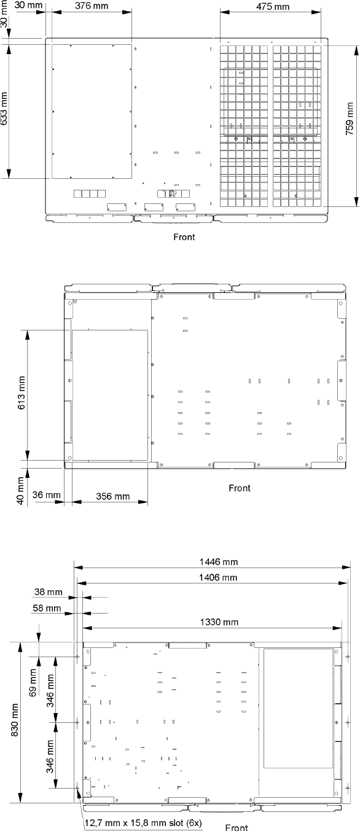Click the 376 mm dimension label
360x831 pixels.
(92, 6)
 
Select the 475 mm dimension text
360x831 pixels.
(272, 7)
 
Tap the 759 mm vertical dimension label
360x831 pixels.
(350, 119)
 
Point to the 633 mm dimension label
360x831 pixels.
(4, 108)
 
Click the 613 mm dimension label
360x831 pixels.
(22, 393)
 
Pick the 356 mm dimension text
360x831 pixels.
(113, 496)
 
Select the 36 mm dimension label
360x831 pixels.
(47, 495)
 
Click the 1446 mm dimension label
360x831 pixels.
(219, 562)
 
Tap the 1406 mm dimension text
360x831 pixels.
(218, 577)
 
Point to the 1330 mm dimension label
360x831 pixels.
(219, 622)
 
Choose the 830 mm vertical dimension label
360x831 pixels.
(15, 720)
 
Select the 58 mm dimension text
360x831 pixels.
(47, 609)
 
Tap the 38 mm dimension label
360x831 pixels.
(49, 592)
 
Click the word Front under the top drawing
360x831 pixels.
(184, 237)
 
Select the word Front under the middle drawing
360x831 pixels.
(240, 488)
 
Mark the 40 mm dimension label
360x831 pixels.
(20, 491)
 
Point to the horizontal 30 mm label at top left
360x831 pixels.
(28, 6)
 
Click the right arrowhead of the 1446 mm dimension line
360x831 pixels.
(346, 568)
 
